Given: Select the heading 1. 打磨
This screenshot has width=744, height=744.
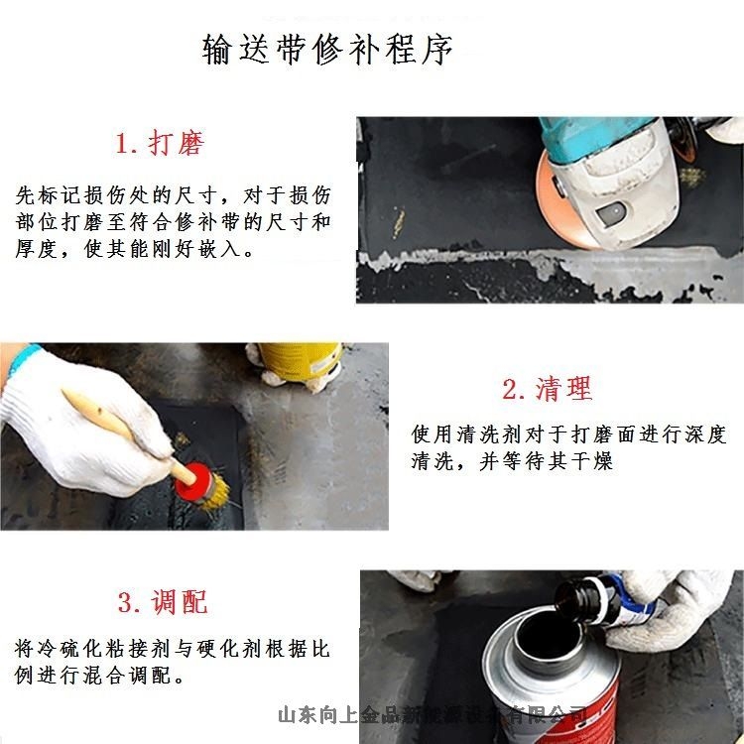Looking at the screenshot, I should coord(160,144).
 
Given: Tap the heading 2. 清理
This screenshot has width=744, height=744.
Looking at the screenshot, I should coord(547,390).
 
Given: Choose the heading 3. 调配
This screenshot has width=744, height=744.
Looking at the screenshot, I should coord(163,601).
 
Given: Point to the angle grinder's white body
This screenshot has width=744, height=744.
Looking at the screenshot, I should coord(615,188).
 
